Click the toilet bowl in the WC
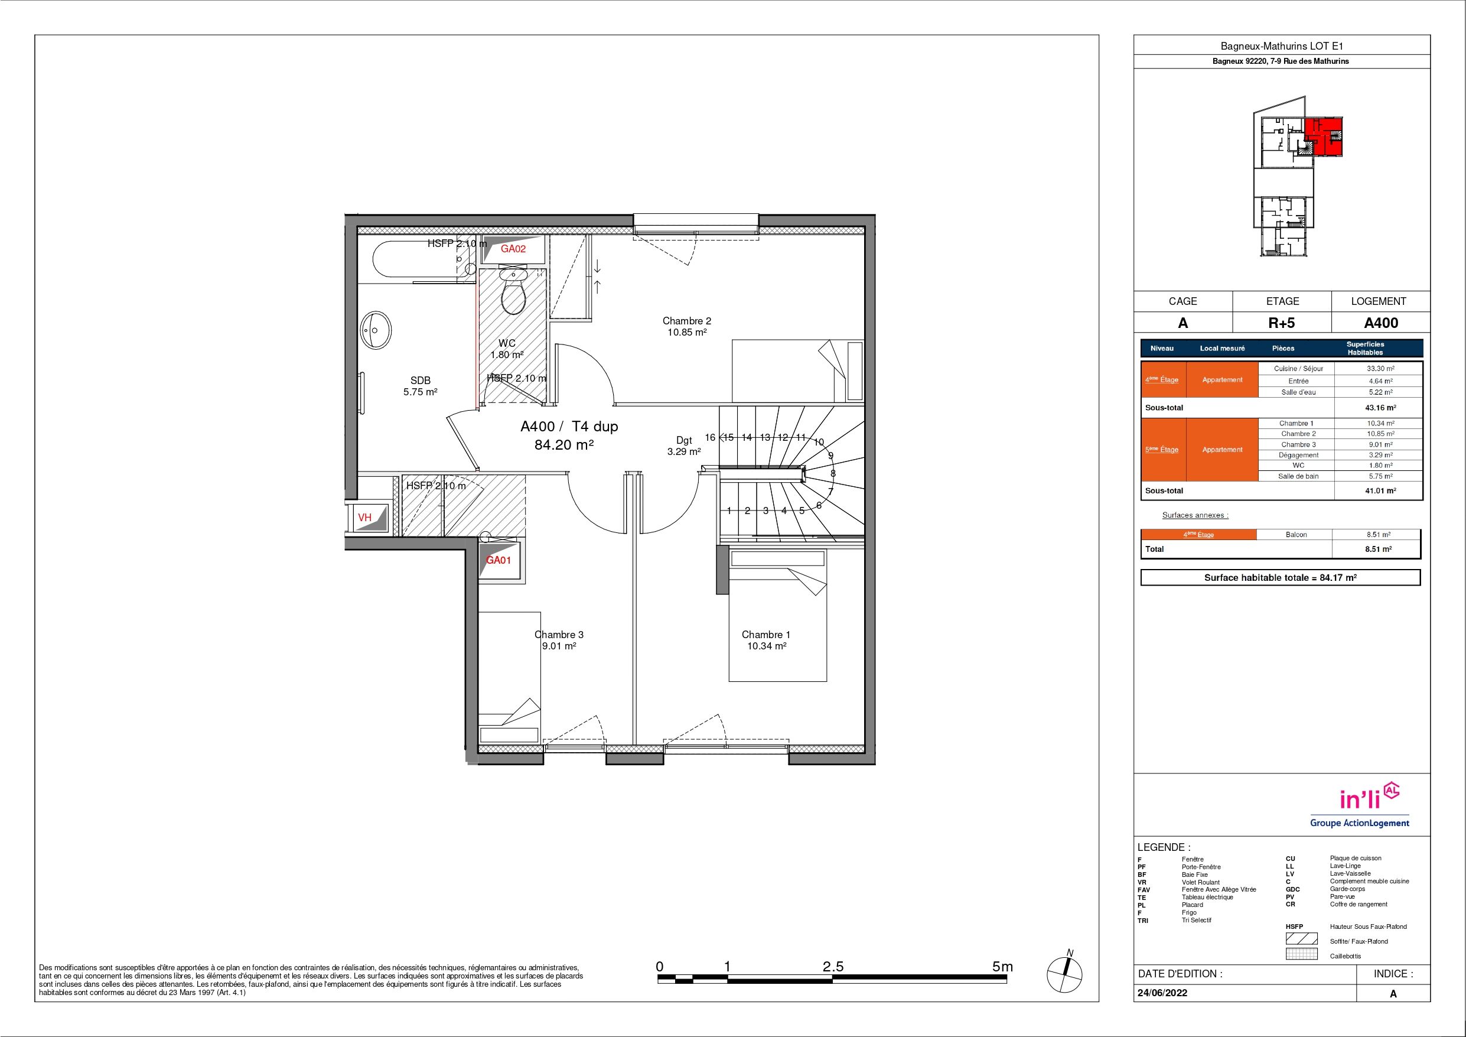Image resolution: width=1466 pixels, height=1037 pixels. (513, 293)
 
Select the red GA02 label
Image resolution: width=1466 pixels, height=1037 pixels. (513, 249)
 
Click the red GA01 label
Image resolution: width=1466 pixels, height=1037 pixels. (499, 560)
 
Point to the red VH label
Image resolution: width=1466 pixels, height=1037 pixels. (364, 518)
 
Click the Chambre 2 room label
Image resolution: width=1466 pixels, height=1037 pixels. (686, 321)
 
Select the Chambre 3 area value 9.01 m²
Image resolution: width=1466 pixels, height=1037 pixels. (559, 646)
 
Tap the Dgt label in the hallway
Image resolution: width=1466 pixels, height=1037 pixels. (684, 440)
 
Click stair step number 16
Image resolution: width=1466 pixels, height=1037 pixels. (710, 438)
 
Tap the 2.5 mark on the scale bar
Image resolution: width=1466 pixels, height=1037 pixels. (833, 967)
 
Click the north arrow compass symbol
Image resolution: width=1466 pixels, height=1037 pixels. (1064, 973)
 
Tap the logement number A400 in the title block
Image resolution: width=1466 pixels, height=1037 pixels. (1381, 323)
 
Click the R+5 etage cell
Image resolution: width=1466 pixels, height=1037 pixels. (1282, 323)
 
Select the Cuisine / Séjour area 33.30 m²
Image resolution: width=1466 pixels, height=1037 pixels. (1380, 369)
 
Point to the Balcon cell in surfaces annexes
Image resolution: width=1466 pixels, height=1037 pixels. (1296, 535)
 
